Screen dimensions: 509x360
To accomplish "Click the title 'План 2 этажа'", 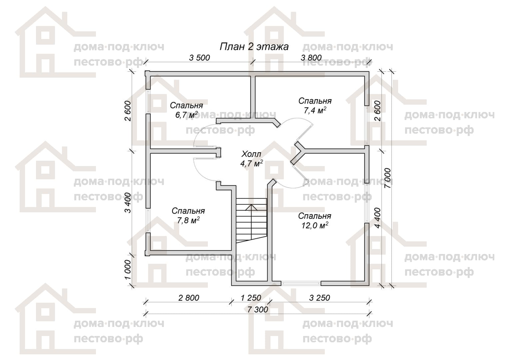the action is (x=254, y=47).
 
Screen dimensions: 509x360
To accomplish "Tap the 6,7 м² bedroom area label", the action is (x=186, y=115).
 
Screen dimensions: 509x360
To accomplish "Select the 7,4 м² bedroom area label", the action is (x=315, y=110).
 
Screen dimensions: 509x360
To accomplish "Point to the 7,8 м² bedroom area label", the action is (x=188, y=220).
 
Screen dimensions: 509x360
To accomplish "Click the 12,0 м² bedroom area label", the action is (x=315, y=225).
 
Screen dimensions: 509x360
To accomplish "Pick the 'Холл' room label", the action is (x=251, y=154).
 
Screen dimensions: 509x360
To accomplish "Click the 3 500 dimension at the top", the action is (x=200, y=58).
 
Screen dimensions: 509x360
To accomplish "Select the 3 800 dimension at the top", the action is (x=311, y=58).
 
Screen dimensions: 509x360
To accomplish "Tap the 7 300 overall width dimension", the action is (x=258, y=310).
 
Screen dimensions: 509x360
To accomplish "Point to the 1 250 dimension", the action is (x=251, y=298).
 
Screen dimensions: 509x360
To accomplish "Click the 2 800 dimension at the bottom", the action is (x=189, y=298).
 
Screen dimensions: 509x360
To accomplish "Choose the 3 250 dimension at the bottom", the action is (x=319, y=298).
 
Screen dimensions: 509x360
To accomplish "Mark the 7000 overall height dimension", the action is (x=387, y=178).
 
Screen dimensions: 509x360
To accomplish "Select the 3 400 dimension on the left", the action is (x=128, y=203).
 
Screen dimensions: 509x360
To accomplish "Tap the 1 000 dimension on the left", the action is (x=128, y=270).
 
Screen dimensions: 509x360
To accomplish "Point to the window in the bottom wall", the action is (x=301, y=283).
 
